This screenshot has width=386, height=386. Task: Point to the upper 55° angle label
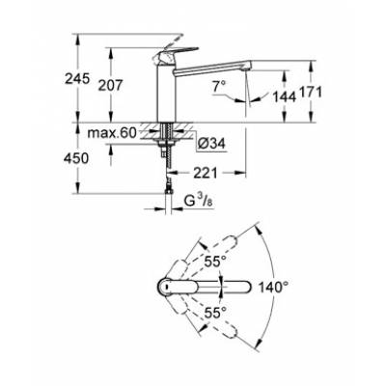214,260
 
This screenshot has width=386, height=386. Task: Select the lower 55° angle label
214,311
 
